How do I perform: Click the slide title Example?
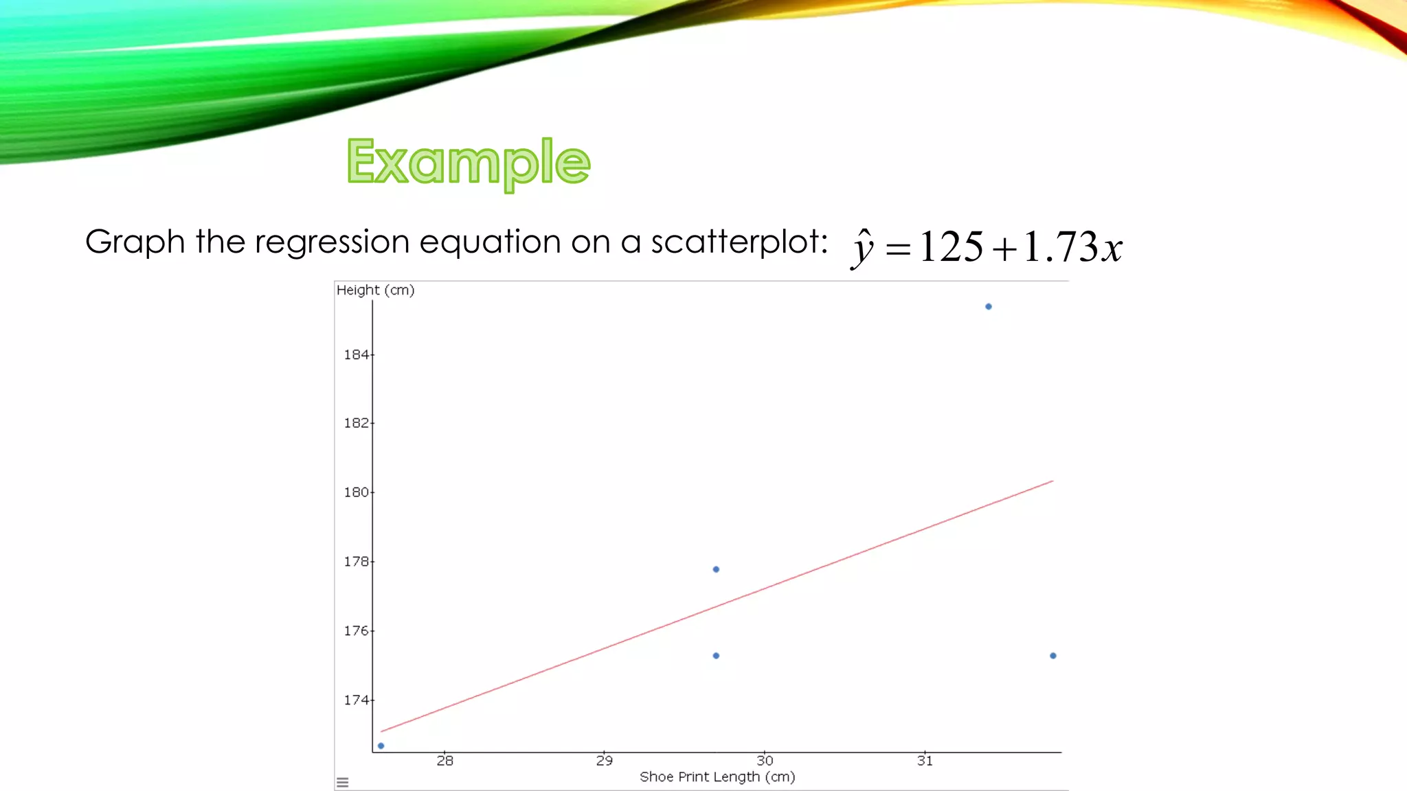[x=469, y=162]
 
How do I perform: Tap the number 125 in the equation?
[x=951, y=247]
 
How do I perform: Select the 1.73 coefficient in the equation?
[x=1061, y=247]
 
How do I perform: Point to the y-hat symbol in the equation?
[x=862, y=249]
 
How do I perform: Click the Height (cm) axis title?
[x=375, y=290]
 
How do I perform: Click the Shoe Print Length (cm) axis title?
[x=717, y=777]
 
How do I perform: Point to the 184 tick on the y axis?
[x=356, y=355]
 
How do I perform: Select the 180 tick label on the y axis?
[x=356, y=492]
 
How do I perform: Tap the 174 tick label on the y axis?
[x=356, y=700]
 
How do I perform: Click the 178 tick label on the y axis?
[x=356, y=562]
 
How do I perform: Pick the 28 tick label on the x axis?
[x=444, y=761]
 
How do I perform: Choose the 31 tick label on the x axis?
[x=925, y=761]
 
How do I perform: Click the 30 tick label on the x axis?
[x=765, y=761]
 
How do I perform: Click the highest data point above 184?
[x=989, y=307]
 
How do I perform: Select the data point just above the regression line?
[x=716, y=569]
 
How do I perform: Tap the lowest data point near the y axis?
[x=381, y=746]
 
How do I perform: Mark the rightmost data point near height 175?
[x=1053, y=656]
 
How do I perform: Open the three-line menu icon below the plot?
[x=343, y=782]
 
